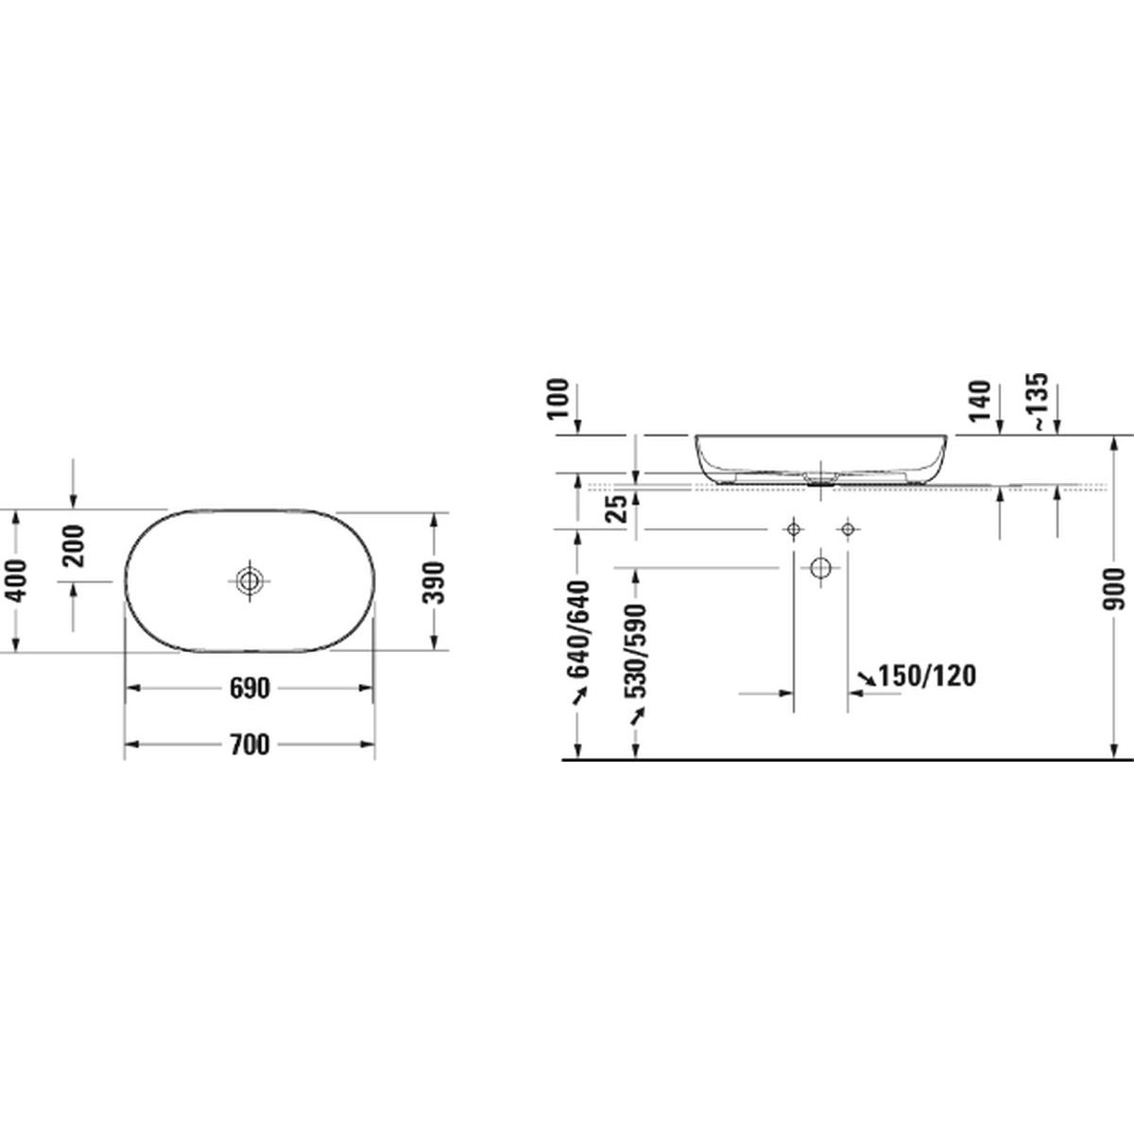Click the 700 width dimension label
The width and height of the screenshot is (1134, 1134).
click(249, 745)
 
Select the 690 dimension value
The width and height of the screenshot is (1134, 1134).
click(249, 688)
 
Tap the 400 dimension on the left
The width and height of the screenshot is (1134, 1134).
click(17, 581)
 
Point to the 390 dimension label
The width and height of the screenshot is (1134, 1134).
click(434, 583)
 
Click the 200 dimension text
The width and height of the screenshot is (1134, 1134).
click(74, 545)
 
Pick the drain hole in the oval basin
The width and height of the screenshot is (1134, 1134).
click(249, 581)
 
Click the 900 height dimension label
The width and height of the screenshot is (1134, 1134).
click(1114, 589)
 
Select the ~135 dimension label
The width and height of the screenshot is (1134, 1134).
click(1040, 401)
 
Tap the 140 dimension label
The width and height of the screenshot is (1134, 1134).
click(982, 401)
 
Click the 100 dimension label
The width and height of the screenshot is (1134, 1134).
click(558, 399)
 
